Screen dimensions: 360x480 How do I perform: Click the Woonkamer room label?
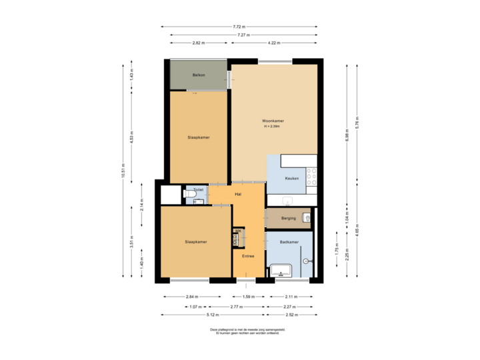pos(273,121)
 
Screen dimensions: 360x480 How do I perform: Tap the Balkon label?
pos(198,74)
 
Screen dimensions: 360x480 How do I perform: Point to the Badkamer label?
pos(289,242)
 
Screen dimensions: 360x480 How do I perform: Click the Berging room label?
pos(288,218)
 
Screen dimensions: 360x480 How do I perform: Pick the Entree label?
pos(248,256)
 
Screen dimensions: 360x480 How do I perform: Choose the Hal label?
pos(237,194)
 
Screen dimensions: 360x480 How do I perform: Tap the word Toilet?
pos(198,190)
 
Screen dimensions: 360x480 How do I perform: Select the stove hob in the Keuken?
pos(311,176)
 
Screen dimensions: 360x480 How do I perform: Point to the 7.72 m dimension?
pos(239,27)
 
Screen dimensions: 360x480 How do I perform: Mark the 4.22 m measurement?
pos(273,43)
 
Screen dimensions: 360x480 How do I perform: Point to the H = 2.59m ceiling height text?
pos(273,126)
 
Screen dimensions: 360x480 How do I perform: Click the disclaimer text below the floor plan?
pos(239,331)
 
